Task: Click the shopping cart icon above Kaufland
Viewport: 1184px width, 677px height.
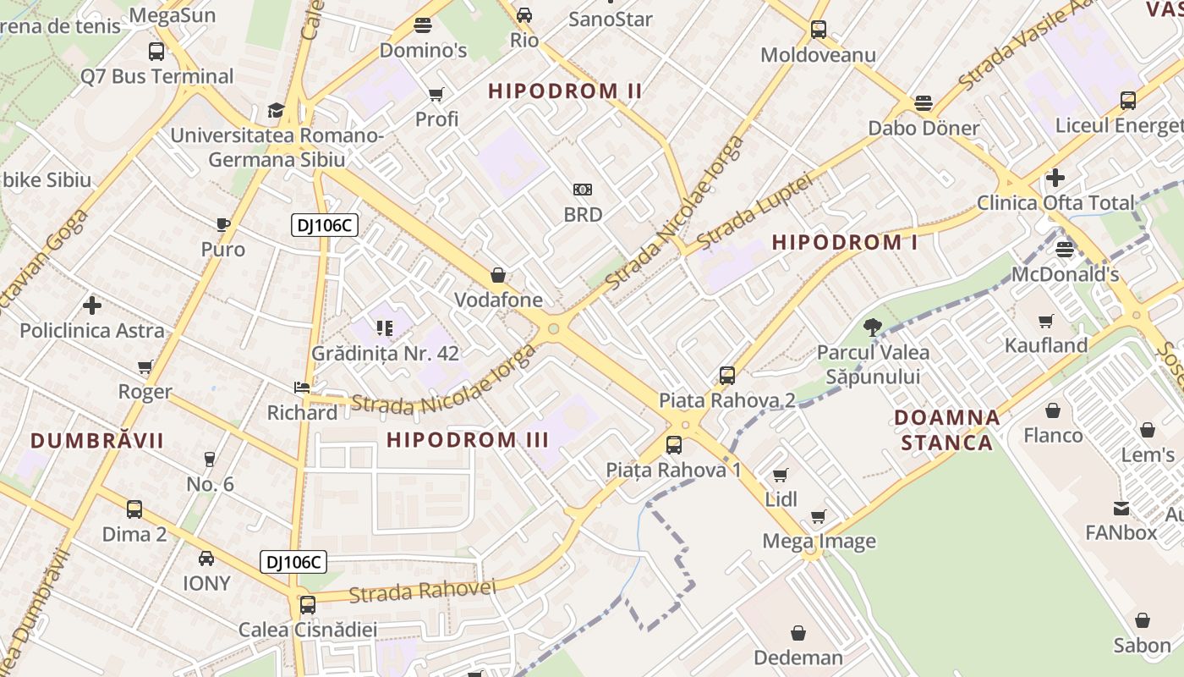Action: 1046,321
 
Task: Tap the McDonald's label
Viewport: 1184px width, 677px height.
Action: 1065,274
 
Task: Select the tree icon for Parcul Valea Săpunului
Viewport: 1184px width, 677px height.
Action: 872,327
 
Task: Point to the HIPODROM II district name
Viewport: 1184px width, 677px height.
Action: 565,91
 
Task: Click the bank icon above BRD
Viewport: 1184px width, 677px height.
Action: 583,190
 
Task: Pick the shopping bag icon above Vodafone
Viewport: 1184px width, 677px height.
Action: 498,275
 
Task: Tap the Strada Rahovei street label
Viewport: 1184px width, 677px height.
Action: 421,590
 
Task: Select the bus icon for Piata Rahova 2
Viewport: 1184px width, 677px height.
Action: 726,376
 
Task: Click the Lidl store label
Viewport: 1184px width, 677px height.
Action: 781,499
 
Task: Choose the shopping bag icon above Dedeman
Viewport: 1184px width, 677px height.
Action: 798,633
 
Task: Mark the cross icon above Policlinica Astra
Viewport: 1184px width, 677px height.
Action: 92,305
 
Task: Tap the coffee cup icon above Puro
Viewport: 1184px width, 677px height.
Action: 222,224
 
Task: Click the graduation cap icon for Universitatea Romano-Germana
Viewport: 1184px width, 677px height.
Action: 276,110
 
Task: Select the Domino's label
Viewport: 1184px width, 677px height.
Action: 423,50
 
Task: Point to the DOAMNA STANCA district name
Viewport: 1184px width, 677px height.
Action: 947,430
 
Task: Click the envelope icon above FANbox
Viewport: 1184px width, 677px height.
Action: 1121,509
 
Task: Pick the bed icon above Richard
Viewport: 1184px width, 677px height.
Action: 301,388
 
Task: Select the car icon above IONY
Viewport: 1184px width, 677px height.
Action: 206,559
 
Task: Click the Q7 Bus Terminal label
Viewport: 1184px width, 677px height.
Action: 157,76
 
